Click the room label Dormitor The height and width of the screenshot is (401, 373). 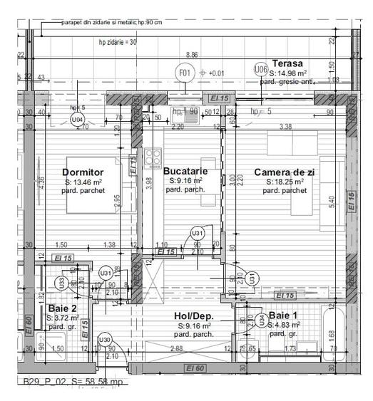(83, 172)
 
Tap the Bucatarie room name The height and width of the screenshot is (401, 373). (185, 171)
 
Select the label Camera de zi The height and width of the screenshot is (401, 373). (284, 172)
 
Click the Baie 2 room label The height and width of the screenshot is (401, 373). (62, 308)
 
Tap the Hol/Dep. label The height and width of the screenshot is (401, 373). (195, 316)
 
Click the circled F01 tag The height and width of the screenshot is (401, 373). (185, 73)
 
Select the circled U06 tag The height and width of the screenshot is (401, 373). (261, 68)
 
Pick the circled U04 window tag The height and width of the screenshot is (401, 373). (77, 120)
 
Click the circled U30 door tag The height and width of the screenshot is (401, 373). (105, 339)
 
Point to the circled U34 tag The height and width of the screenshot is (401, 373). (262, 318)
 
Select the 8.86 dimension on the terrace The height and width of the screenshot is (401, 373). (191, 55)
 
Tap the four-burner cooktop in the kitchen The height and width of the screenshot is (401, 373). (153, 155)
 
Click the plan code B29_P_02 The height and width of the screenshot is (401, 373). (43, 382)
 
